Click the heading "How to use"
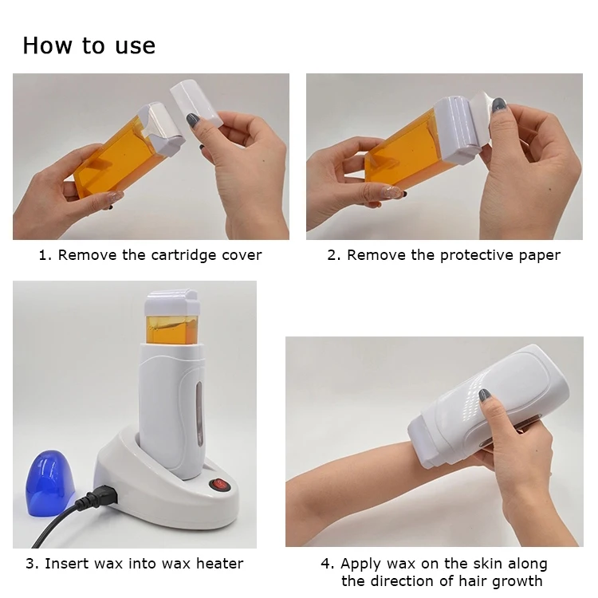click(x=89, y=45)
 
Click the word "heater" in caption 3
click(x=218, y=564)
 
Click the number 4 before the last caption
click(x=326, y=564)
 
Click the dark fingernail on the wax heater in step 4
click(x=483, y=395)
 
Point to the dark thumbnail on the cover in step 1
click(x=194, y=120)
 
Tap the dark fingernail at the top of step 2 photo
click(x=499, y=104)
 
